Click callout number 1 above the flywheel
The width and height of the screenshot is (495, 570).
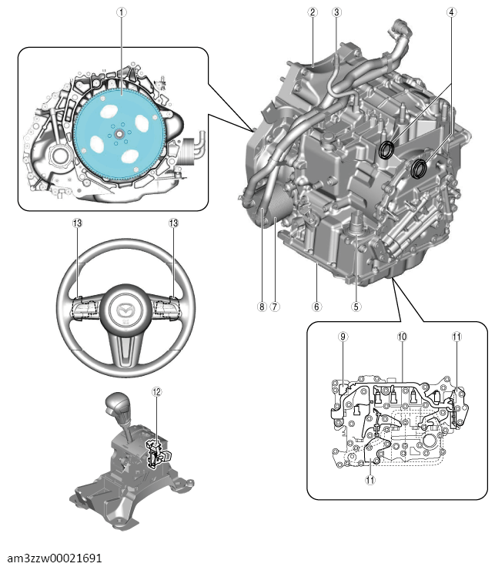tap(122, 12)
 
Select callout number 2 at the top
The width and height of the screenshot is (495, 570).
tap(313, 12)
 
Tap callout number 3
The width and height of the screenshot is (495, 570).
tap(336, 12)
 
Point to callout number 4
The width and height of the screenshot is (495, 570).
tap(451, 12)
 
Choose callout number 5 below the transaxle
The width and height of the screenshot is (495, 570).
tap(356, 307)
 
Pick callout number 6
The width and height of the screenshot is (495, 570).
tap(316, 307)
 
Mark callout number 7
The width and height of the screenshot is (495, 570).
tap(275, 307)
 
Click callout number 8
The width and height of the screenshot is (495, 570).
tap(262, 307)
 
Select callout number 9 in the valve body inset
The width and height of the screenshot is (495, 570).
tap(343, 337)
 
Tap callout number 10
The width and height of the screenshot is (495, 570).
tap(402, 337)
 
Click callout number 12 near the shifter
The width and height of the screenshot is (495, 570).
tap(156, 392)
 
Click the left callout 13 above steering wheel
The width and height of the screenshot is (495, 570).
tap(77, 223)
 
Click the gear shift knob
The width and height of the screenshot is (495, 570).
tap(117, 404)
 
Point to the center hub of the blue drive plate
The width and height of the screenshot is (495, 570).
tap(119, 135)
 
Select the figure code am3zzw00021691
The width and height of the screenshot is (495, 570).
tap(55, 558)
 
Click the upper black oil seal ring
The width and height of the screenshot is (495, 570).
tap(386, 150)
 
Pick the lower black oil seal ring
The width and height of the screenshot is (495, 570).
tap(419, 169)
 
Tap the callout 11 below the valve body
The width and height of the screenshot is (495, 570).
tap(370, 480)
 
